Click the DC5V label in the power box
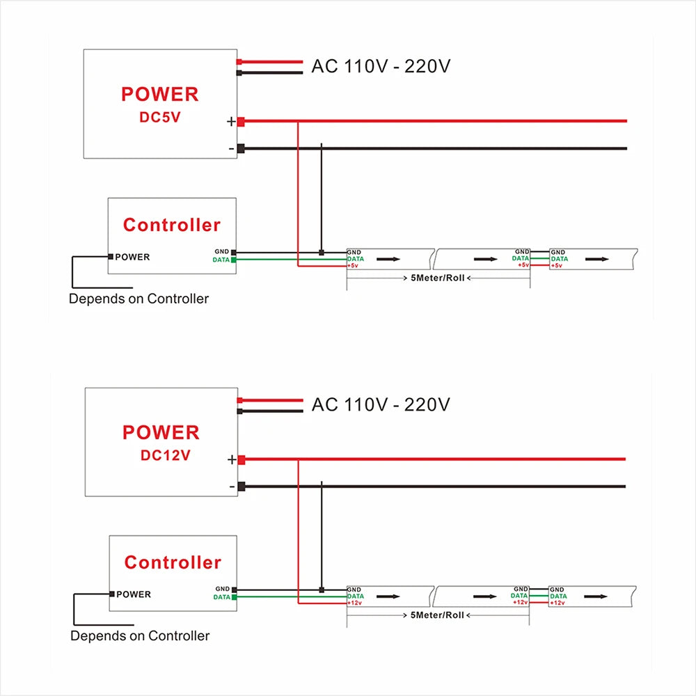tap(160, 117)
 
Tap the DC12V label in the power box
tap(165, 455)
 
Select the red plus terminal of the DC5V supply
tap(241, 121)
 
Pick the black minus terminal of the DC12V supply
tap(242, 487)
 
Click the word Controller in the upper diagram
tap(172, 225)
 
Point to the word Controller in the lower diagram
tap(173, 562)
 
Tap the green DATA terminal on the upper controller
tap(233, 260)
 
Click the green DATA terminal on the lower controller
tap(234, 597)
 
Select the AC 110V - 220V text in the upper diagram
tap(381, 66)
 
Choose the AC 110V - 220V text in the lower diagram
tap(381, 404)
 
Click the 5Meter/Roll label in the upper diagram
tap(437, 278)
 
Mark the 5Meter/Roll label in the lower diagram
tap(437, 615)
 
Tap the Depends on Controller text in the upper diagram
tap(139, 299)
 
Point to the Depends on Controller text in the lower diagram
tap(140, 635)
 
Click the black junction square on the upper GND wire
tap(322, 253)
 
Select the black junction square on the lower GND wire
tap(322, 590)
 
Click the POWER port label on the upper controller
tap(132, 257)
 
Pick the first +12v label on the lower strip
tap(355, 603)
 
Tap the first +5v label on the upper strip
tap(353, 265)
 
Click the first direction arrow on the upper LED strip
tap(388, 259)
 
